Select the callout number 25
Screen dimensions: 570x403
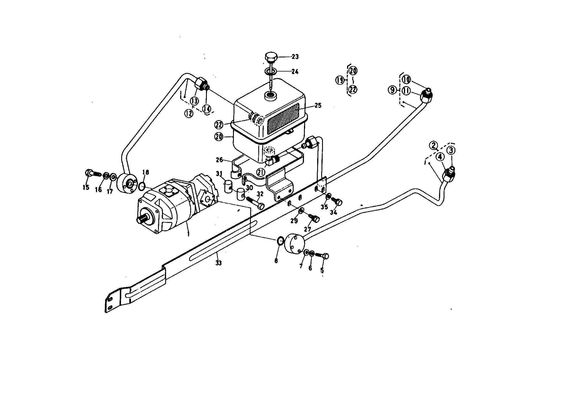tap(317, 105)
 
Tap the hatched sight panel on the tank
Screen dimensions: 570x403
tap(283, 119)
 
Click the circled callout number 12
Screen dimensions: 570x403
tap(189, 114)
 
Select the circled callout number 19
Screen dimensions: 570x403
tap(340, 80)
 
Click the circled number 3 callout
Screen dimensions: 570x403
tap(451, 150)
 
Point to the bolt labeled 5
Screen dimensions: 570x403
tap(322, 255)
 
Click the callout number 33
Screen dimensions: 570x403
tap(219, 263)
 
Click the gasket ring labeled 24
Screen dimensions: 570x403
tap(271, 71)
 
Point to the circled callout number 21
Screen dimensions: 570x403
tap(261, 172)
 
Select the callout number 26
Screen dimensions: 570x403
tap(219, 159)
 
